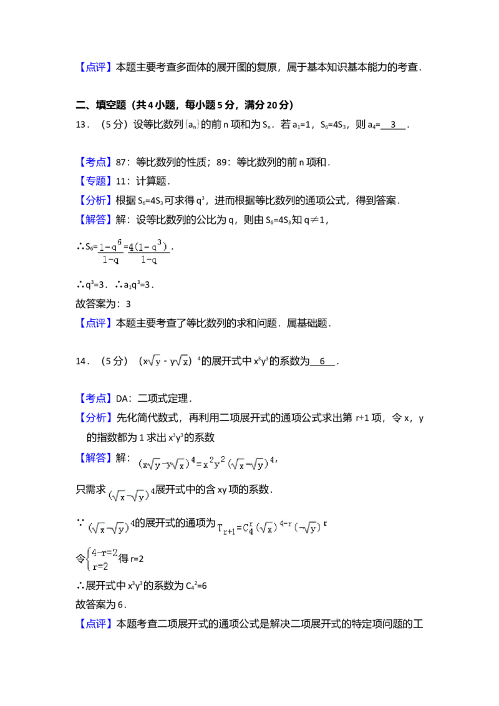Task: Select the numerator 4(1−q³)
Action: pyautogui.click(x=148, y=246)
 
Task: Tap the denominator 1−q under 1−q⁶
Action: pyautogui.click(x=110, y=260)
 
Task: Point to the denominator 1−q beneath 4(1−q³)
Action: pyautogui.click(x=148, y=260)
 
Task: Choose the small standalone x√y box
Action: pyautogui.click(x=154, y=360)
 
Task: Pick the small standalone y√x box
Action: pyautogui.click(x=180, y=360)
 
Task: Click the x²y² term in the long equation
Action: pyautogui.click(x=210, y=464)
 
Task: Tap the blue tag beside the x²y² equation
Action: pyautogui.click(x=96, y=457)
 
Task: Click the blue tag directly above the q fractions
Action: pyautogui.click(x=96, y=219)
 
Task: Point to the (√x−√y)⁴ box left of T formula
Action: pyautogui.click(x=112, y=528)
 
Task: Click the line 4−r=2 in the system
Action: pyautogui.click(x=104, y=552)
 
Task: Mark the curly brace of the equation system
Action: pyautogui.click(x=88, y=558)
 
